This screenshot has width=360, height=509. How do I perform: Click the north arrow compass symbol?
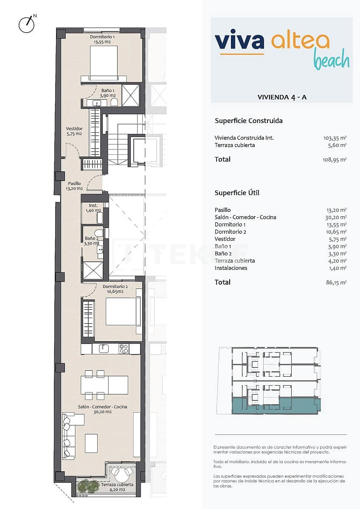pyautogui.click(x=26, y=25)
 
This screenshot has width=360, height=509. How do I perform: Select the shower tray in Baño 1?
pyautogui.click(x=130, y=95)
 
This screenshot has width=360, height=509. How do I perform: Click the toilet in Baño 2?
pyautogui.click(x=99, y=233)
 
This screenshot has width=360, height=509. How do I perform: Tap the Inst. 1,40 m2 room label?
pyautogui.click(x=93, y=208)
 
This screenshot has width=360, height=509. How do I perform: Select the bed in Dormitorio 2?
pyautogui.click(x=122, y=311)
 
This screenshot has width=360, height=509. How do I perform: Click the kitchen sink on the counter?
pyautogui.click(x=104, y=349)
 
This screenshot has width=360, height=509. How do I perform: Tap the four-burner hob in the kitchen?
pyautogui.click(x=124, y=349)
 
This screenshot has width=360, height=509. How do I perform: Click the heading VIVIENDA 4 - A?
pyautogui.click(x=282, y=97)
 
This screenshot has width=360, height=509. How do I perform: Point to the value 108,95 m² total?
pyautogui.click(x=335, y=159)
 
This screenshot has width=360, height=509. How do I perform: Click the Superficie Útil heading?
pyautogui.click(x=237, y=193)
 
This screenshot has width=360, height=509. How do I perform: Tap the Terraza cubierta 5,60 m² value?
pyautogui.click(x=337, y=145)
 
